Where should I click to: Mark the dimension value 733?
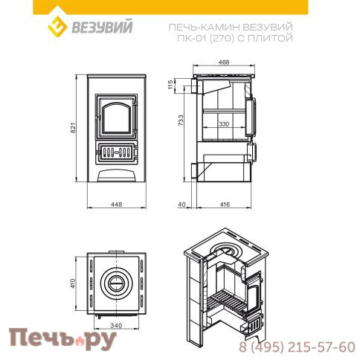click(170, 128)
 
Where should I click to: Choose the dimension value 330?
click(223, 124)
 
